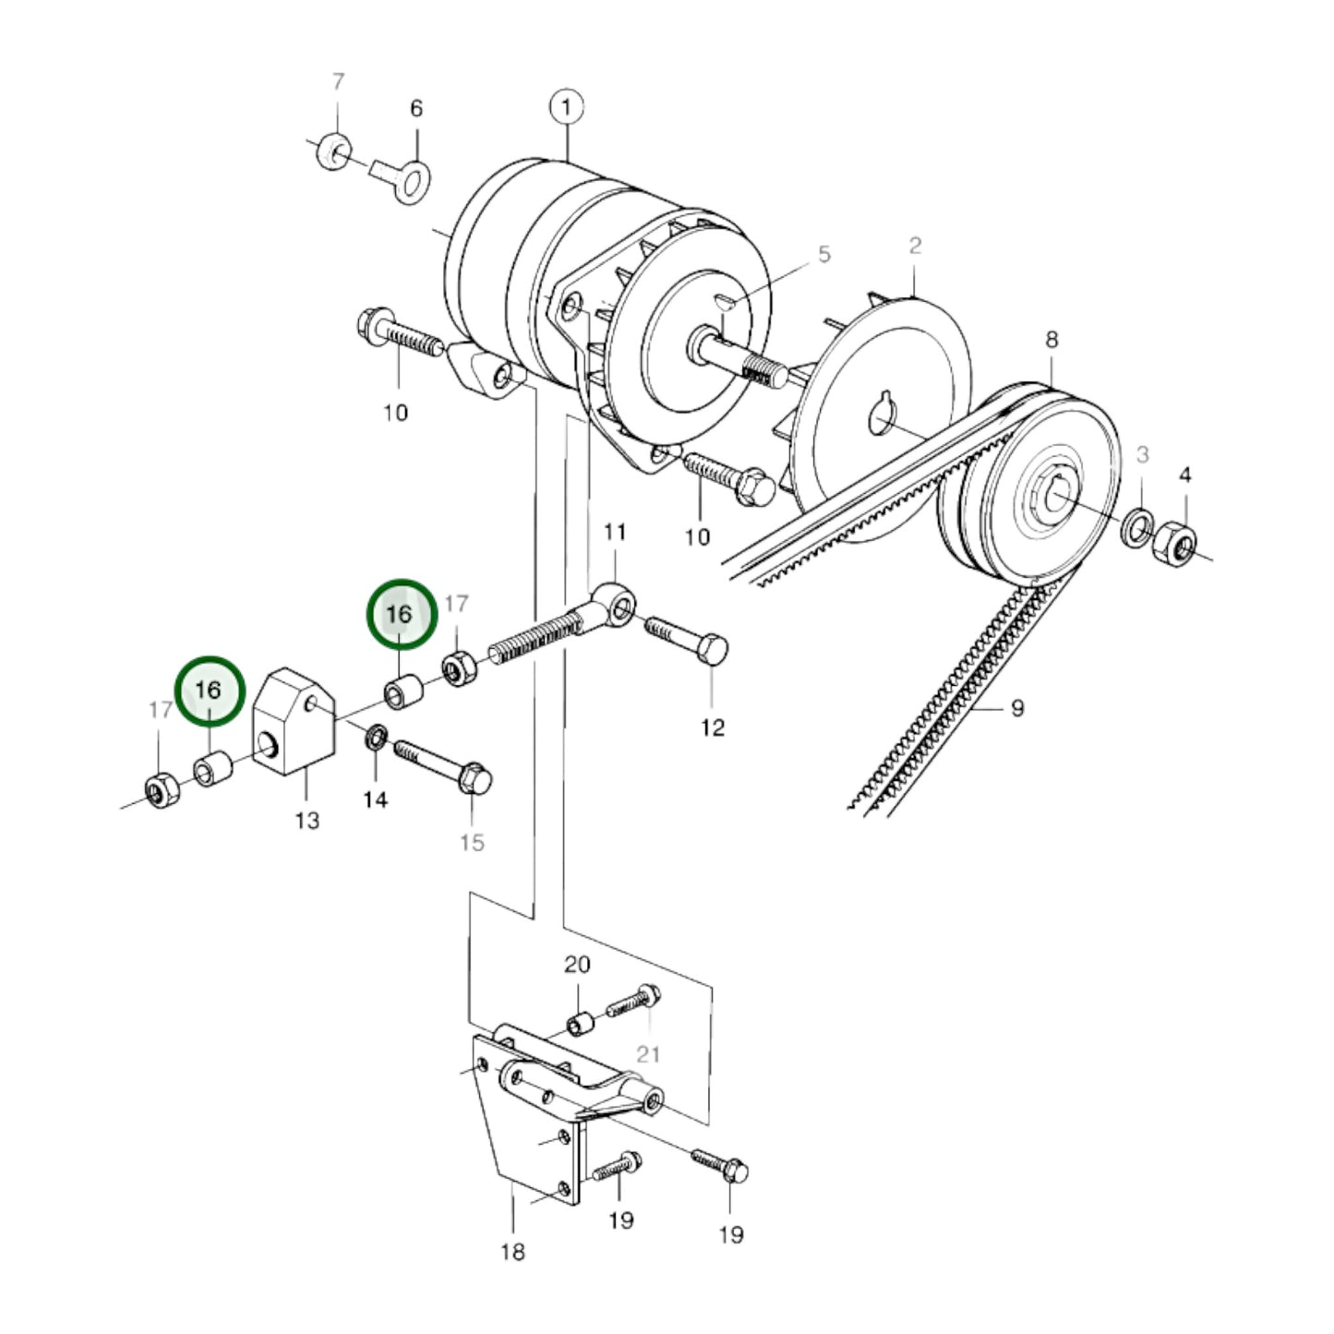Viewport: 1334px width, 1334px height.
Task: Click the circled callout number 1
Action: click(566, 107)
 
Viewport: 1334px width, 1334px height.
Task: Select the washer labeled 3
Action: click(1137, 526)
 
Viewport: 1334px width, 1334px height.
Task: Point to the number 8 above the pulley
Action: click(1052, 340)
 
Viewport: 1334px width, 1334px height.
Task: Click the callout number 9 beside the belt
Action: click(1016, 709)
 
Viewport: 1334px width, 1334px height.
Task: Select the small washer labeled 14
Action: click(376, 738)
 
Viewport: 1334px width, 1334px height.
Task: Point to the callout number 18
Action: click(512, 1252)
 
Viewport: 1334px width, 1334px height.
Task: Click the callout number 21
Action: click(648, 1053)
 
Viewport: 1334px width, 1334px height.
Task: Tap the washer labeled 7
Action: click(332, 150)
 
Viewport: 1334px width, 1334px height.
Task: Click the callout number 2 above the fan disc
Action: click(914, 246)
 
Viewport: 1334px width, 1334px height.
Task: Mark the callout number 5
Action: click(823, 255)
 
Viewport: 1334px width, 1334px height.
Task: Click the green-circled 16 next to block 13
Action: click(209, 691)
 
